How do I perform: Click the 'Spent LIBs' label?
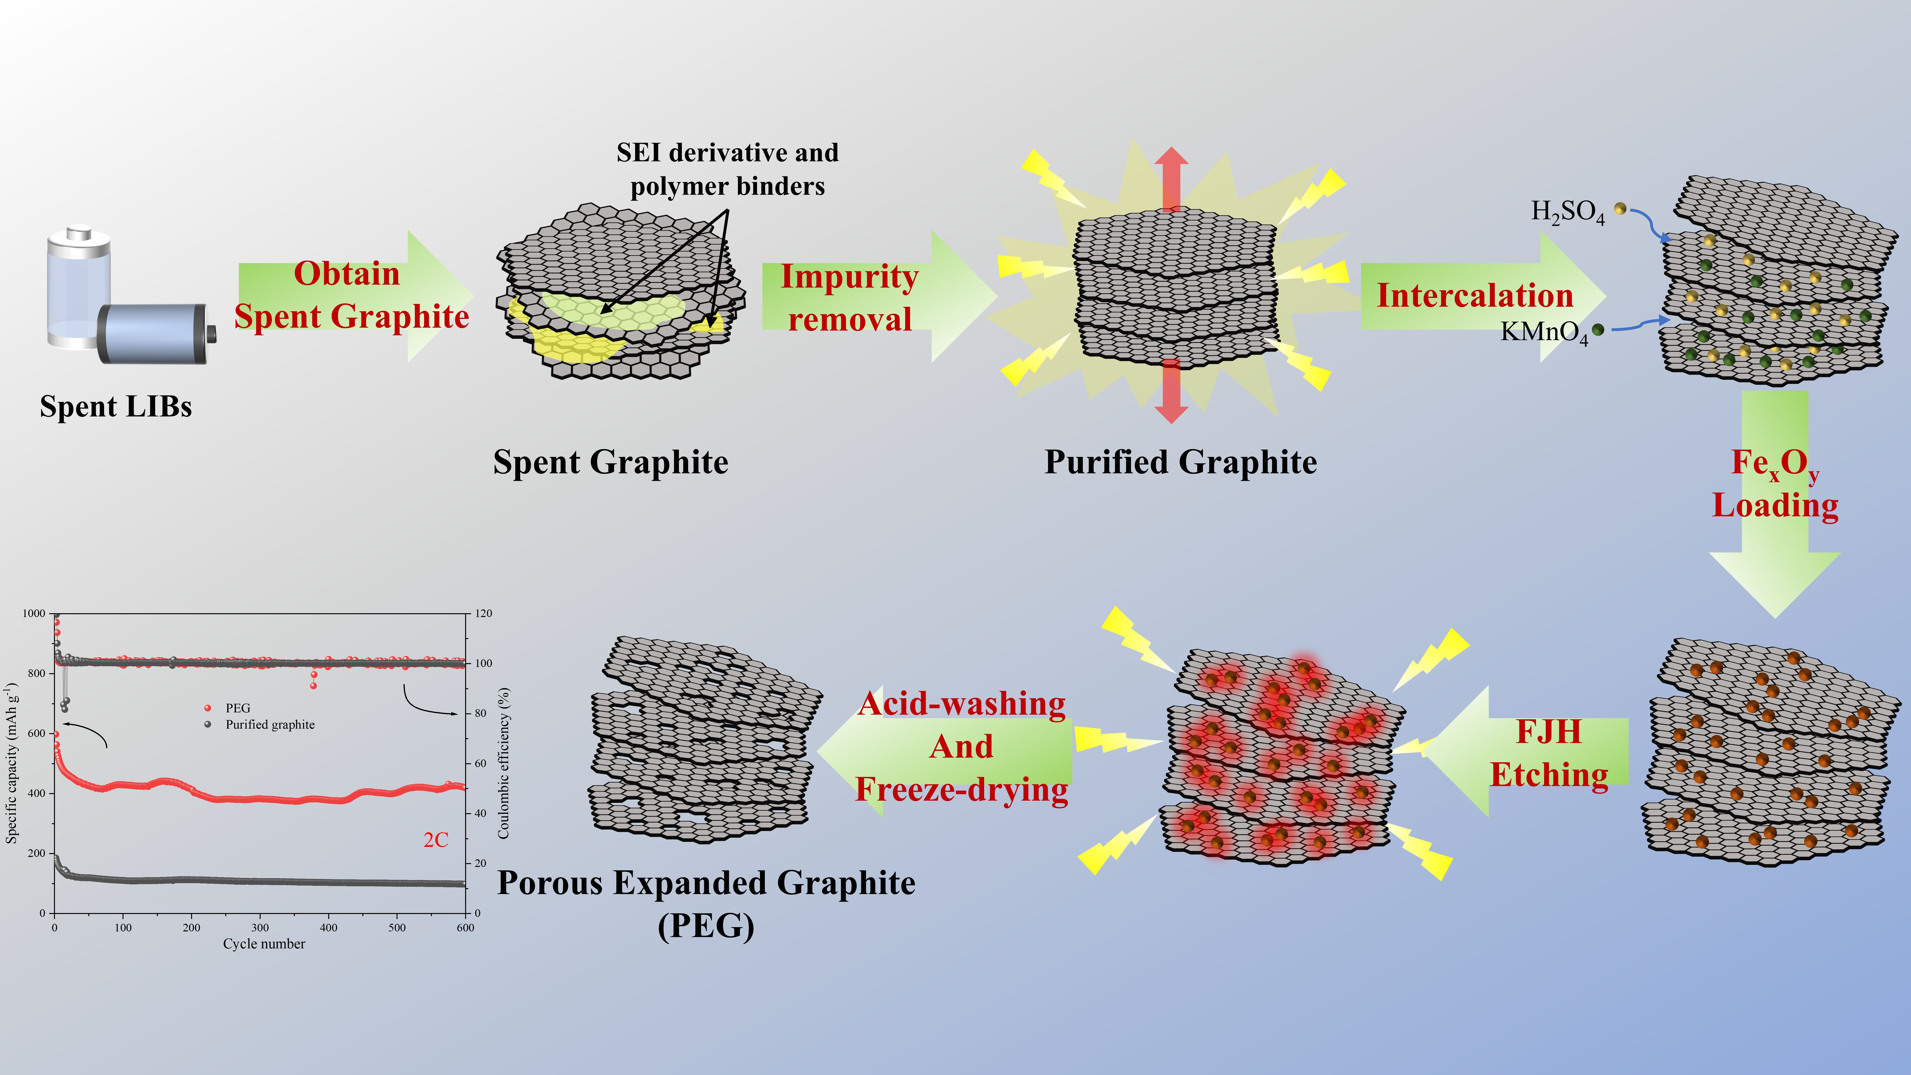[x=116, y=407]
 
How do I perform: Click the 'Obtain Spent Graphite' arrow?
[x=352, y=295]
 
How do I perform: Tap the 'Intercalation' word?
[x=1475, y=295]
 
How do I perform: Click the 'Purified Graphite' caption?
[x=1180, y=462]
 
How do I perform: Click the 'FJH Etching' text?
[x=1549, y=753]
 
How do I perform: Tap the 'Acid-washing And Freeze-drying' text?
[x=961, y=746]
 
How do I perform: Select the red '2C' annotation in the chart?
[x=435, y=840]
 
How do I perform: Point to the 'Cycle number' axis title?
[x=264, y=944]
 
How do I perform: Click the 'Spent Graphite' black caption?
[x=611, y=462]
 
